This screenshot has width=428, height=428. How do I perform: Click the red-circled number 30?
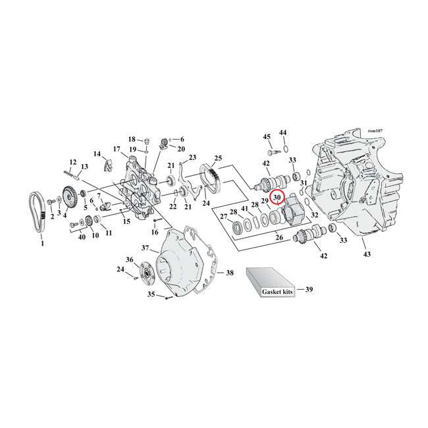(x=277, y=197)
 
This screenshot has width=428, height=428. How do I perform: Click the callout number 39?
(x=309, y=289)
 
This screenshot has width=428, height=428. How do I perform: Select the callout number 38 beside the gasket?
(x=230, y=273)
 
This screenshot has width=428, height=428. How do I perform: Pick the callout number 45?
(x=267, y=137)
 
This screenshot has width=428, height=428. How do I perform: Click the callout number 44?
(x=283, y=133)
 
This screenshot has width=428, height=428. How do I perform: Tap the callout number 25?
(x=218, y=159)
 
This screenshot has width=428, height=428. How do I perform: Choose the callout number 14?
(x=97, y=154)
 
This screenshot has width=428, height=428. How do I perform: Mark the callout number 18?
(x=132, y=139)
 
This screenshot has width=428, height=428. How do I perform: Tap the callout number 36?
(x=130, y=260)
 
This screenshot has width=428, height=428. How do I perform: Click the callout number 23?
(x=193, y=157)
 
